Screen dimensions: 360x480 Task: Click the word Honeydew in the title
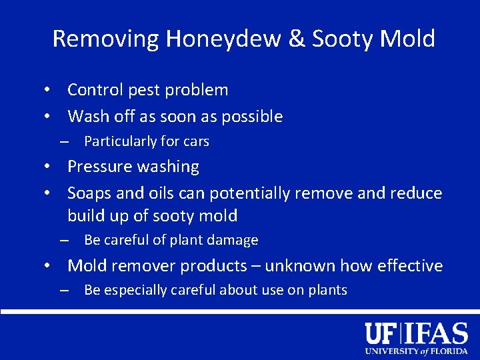pyautogui.click(x=223, y=39)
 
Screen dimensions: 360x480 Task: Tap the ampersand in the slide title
pyautogui.click(x=295, y=39)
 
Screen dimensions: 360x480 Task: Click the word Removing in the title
pyautogui.click(x=105, y=39)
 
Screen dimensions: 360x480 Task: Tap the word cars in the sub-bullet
pyautogui.click(x=195, y=141)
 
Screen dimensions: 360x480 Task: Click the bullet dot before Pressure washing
pyautogui.click(x=49, y=167)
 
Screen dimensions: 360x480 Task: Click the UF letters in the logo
pyautogui.click(x=381, y=333)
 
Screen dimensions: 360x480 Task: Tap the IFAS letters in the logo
pyautogui.click(x=437, y=333)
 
